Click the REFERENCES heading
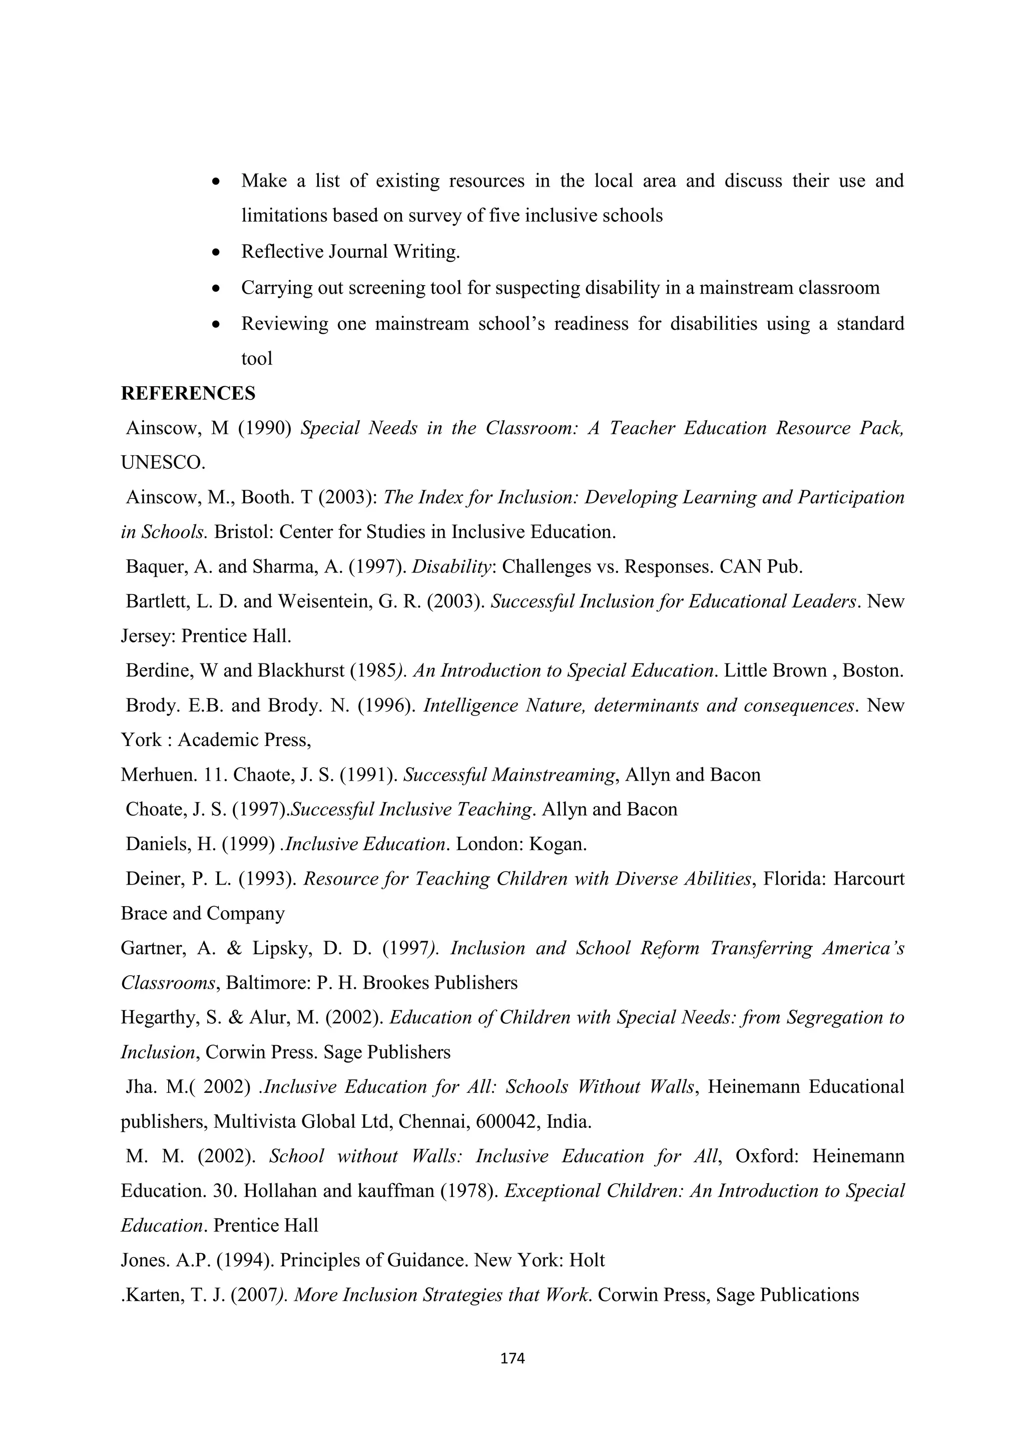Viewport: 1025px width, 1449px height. (188, 394)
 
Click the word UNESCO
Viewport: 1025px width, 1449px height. (162, 463)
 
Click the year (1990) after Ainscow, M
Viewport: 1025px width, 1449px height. (264, 428)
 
